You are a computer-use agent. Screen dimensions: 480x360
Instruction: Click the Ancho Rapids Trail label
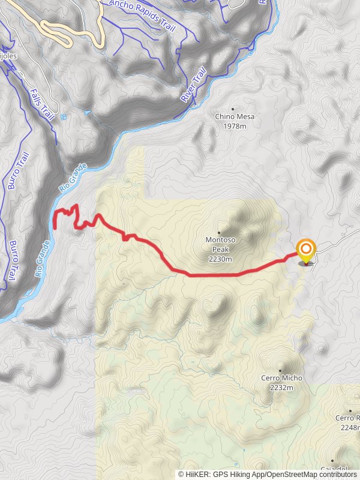coord(141,13)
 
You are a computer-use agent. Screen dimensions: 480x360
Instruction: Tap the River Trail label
coord(193,84)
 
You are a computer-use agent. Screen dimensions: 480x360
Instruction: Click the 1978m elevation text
coord(234,127)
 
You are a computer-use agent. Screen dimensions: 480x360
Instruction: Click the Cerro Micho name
coord(281,378)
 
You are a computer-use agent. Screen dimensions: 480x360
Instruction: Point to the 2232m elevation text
coord(281,388)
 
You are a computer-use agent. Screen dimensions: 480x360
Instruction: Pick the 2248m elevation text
coord(349,427)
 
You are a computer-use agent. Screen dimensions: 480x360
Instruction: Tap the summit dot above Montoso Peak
coord(219,232)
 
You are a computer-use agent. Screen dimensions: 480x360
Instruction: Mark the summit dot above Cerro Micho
coord(280,370)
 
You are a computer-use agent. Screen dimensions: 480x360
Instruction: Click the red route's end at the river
coord(55,227)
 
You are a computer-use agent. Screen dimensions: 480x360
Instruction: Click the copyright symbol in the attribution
coord(181,475)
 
